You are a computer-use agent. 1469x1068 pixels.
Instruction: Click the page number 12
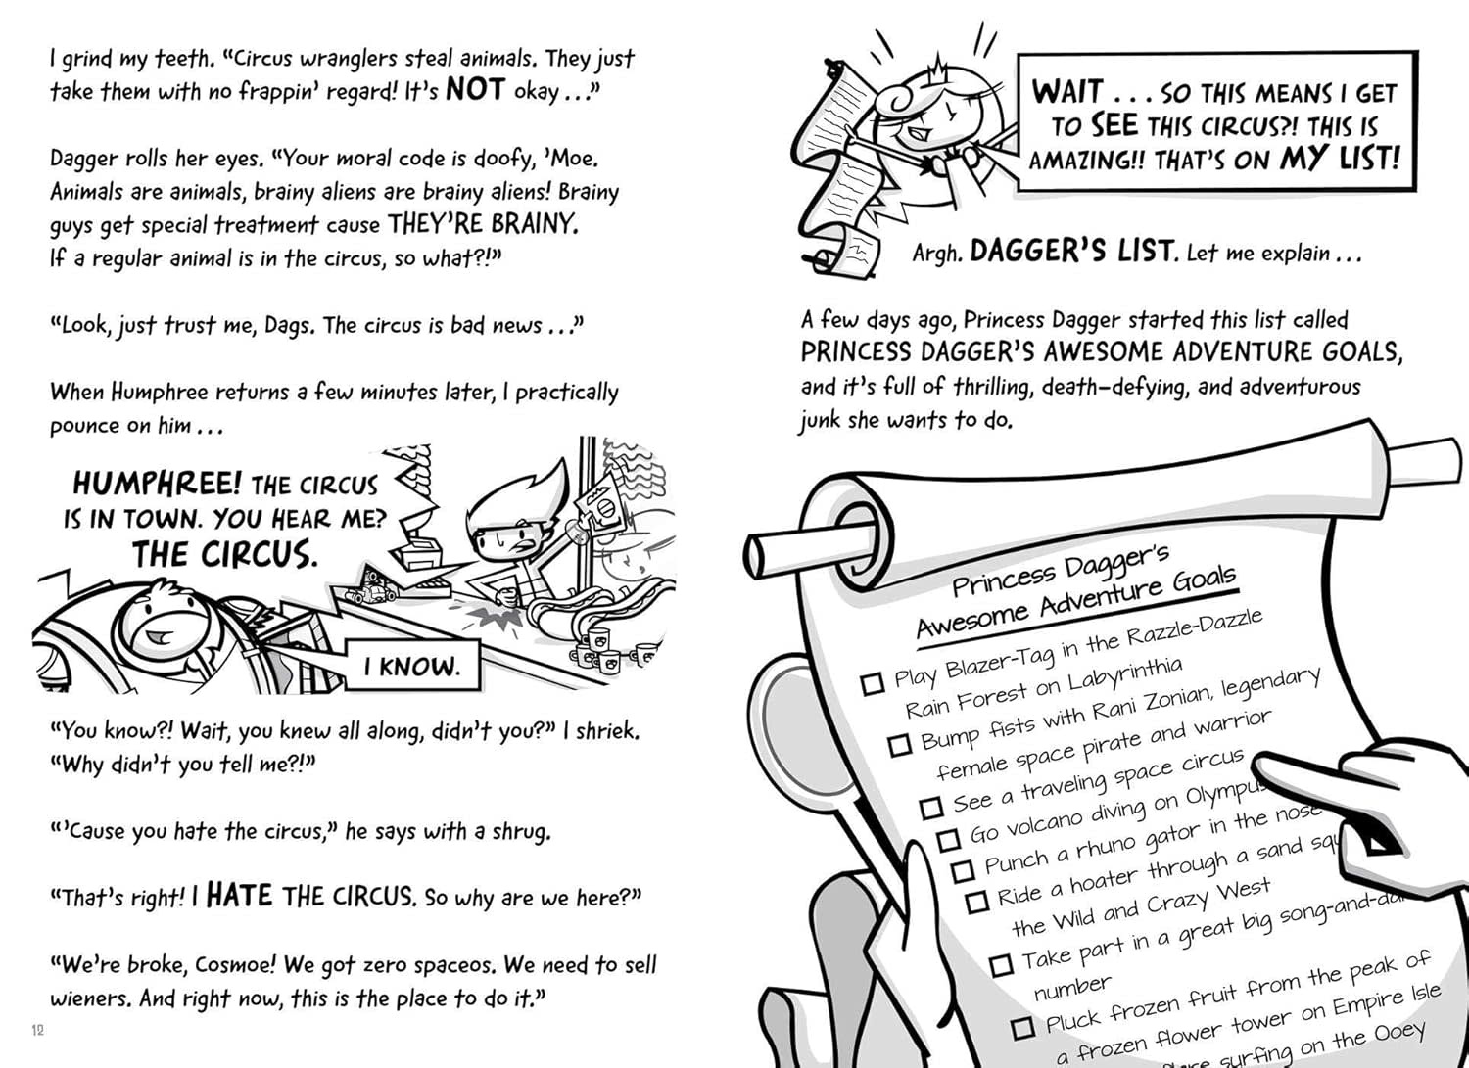pyautogui.click(x=38, y=1030)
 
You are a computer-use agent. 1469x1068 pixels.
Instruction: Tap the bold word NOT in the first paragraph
pyautogui.click(x=474, y=90)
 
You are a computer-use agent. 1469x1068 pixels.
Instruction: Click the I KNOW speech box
pyautogui.click(x=411, y=667)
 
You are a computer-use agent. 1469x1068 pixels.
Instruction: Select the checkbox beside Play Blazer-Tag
pyautogui.click(x=873, y=682)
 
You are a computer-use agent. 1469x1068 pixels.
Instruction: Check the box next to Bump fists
pyautogui.click(x=899, y=745)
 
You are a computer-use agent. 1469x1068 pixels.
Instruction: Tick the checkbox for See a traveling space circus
pyautogui.click(x=931, y=807)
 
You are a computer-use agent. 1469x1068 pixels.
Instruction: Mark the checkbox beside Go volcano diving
pyautogui.click(x=948, y=839)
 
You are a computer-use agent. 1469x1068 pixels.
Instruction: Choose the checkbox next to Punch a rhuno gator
pyautogui.click(x=963, y=869)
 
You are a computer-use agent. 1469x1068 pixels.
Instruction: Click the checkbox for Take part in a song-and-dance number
pyautogui.click(x=1000, y=965)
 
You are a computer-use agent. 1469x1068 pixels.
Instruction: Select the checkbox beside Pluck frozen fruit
pyautogui.click(x=1022, y=1027)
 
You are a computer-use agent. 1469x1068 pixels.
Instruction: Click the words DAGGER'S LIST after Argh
pyautogui.click(x=1072, y=252)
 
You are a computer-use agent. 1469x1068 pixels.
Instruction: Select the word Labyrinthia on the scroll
pyautogui.click(x=1124, y=676)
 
